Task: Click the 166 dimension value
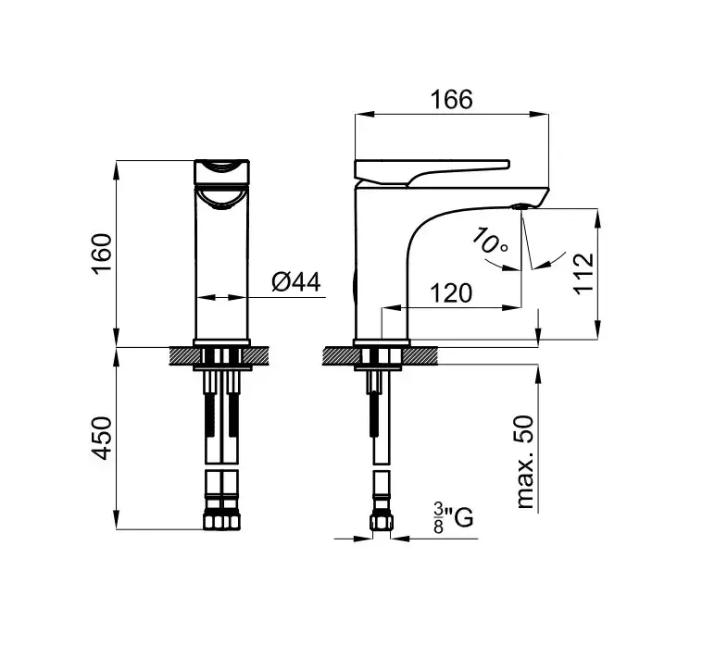click(x=451, y=99)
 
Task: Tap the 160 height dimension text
click(x=102, y=254)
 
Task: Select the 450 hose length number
click(x=102, y=438)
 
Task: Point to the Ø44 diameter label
click(x=296, y=282)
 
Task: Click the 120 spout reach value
click(x=451, y=293)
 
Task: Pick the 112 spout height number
click(x=583, y=274)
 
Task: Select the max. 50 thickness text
click(x=525, y=462)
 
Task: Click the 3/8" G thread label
click(x=453, y=517)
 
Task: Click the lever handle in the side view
click(x=432, y=171)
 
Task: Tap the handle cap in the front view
click(x=222, y=171)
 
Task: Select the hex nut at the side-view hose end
click(x=382, y=522)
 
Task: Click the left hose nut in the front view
click(x=214, y=521)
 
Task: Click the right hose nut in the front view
click(x=231, y=521)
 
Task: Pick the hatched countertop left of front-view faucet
click(x=184, y=356)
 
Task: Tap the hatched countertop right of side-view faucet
click(x=420, y=356)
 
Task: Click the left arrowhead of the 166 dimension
click(x=364, y=114)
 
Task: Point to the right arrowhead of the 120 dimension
click(x=513, y=307)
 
